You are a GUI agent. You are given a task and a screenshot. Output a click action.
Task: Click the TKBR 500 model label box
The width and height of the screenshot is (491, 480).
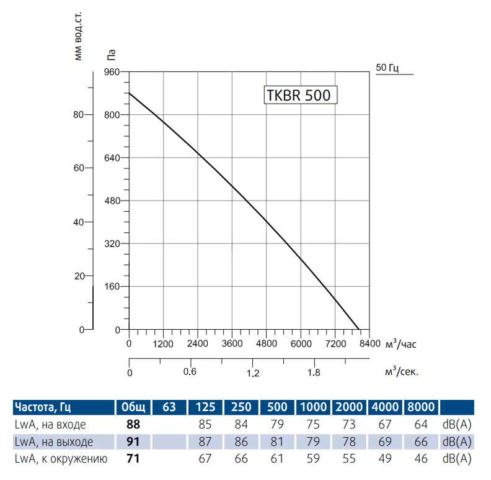click(301, 95)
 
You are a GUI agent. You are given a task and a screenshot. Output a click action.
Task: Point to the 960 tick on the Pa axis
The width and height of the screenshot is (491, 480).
click(112, 72)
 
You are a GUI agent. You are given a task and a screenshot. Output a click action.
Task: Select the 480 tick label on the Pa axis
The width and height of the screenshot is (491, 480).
click(112, 201)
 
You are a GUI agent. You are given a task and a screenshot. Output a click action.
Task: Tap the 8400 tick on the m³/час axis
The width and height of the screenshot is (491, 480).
click(369, 343)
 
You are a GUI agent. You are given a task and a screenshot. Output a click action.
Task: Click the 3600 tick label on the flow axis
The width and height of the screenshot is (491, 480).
click(232, 343)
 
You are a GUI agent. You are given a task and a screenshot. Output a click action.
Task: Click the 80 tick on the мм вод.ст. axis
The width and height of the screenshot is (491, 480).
click(78, 115)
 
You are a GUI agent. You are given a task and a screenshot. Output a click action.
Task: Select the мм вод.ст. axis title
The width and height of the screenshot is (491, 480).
click(78, 37)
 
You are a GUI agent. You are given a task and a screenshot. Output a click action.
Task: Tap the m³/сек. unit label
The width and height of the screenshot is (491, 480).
click(402, 372)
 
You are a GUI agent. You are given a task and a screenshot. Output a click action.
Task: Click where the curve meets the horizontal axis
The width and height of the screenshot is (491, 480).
click(359, 330)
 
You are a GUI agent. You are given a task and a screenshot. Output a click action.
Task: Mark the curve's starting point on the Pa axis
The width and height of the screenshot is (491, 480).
click(129, 93)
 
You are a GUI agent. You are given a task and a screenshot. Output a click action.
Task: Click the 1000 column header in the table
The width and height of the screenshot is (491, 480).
click(314, 407)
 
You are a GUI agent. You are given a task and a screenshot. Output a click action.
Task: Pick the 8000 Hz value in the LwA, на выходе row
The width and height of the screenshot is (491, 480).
click(421, 442)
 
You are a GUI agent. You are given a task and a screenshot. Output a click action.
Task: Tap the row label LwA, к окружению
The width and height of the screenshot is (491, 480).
click(61, 460)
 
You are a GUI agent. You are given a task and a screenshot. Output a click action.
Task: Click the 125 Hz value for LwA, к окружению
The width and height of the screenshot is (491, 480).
click(205, 460)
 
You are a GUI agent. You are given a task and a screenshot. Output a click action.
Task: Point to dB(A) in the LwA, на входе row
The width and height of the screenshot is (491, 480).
click(457, 425)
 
